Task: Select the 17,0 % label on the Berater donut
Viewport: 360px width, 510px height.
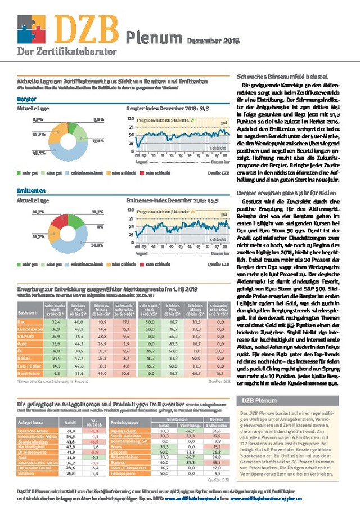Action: [x=98, y=141]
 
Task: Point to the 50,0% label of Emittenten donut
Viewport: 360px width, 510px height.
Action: [x=99, y=244]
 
